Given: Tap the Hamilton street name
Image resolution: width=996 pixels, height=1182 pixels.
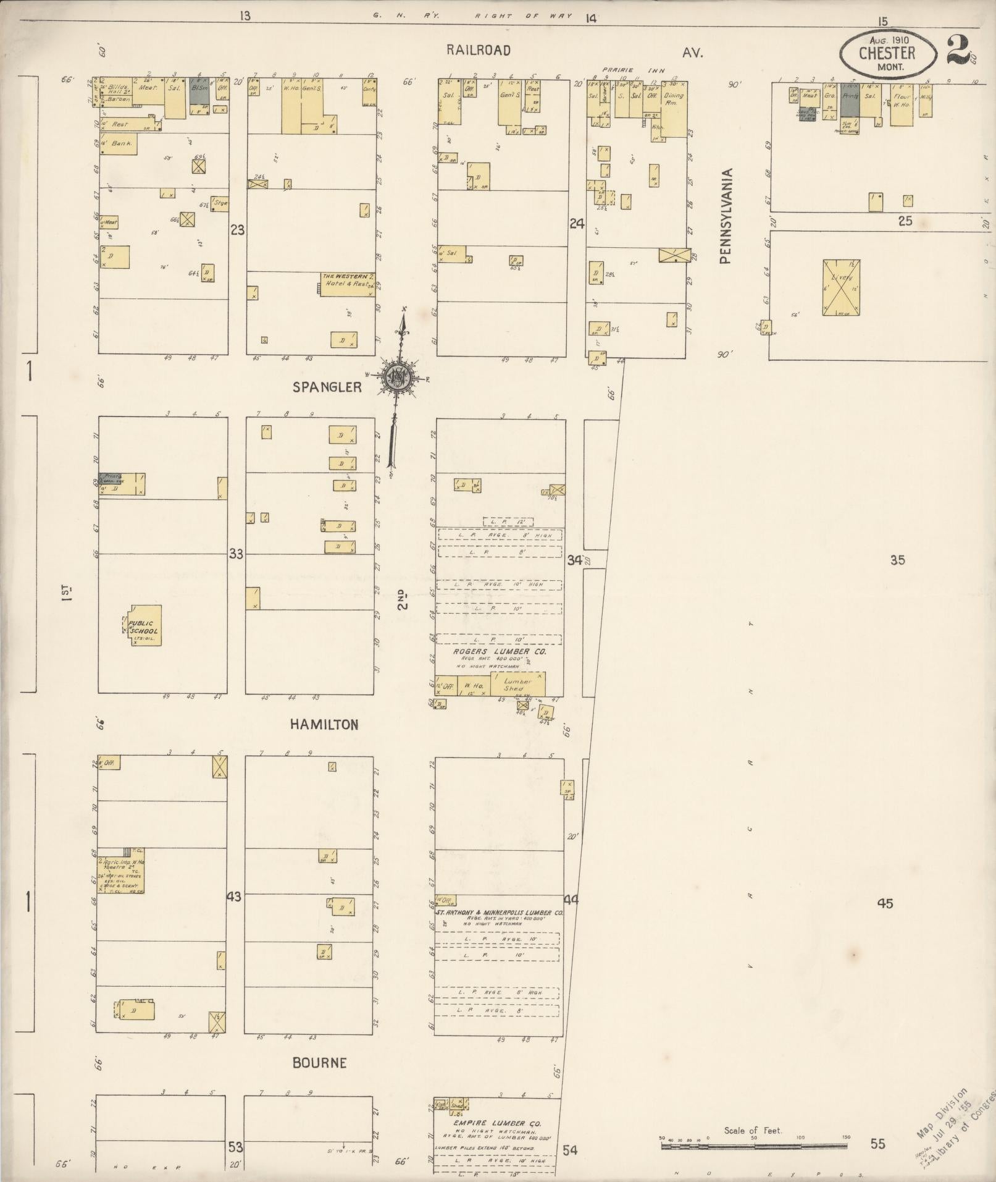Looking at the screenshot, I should tap(324, 725).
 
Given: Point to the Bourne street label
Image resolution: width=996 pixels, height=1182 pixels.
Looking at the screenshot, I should tap(319, 1063).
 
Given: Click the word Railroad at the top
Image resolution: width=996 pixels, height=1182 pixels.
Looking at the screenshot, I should tap(479, 51).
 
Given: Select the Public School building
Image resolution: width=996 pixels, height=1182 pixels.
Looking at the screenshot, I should tap(145, 626).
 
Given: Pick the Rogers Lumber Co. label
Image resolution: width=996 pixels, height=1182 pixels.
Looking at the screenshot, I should tap(490, 651).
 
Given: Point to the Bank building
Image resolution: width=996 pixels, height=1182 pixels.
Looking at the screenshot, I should tap(118, 143).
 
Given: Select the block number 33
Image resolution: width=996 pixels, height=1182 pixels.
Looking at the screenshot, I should tap(236, 554).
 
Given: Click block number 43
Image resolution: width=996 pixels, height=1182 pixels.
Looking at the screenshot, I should tap(233, 896).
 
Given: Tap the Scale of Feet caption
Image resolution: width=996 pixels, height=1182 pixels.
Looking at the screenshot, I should tap(753, 1130).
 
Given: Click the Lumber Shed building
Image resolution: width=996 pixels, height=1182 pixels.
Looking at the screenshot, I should tap(517, 685).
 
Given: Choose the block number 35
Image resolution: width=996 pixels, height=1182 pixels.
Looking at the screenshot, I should tap(897, 560).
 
